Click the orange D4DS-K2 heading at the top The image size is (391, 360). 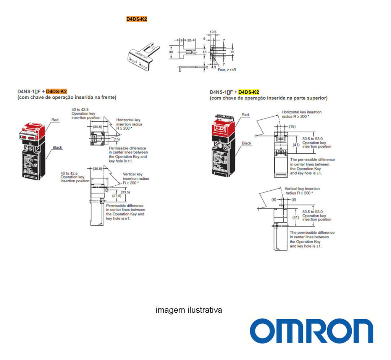(x=137, y=19)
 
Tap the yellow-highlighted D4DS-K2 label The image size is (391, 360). (x=249, y=92)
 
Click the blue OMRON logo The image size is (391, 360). (x=311, y=331)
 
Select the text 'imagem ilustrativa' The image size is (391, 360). (x=189, y=310)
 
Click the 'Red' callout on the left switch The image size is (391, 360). (x=55, y=120)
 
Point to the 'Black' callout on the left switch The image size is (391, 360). (x=57, y=147)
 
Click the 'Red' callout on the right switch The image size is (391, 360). (x=245, y=115)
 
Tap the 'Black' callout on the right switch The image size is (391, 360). (x=247, y=143)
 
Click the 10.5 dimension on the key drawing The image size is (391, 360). (x=213, y=32)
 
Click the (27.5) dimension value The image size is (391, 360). (x=116, y=196)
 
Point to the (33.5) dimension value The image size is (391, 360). (x=125, y=192)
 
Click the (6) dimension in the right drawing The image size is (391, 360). (x=273, y=199)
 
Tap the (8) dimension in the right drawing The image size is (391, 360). (x=294, y=199)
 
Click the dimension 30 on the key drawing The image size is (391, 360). (x=171, y=51)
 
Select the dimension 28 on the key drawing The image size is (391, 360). (x=189, y=40)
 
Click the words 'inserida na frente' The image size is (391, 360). (x=98, y=97)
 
